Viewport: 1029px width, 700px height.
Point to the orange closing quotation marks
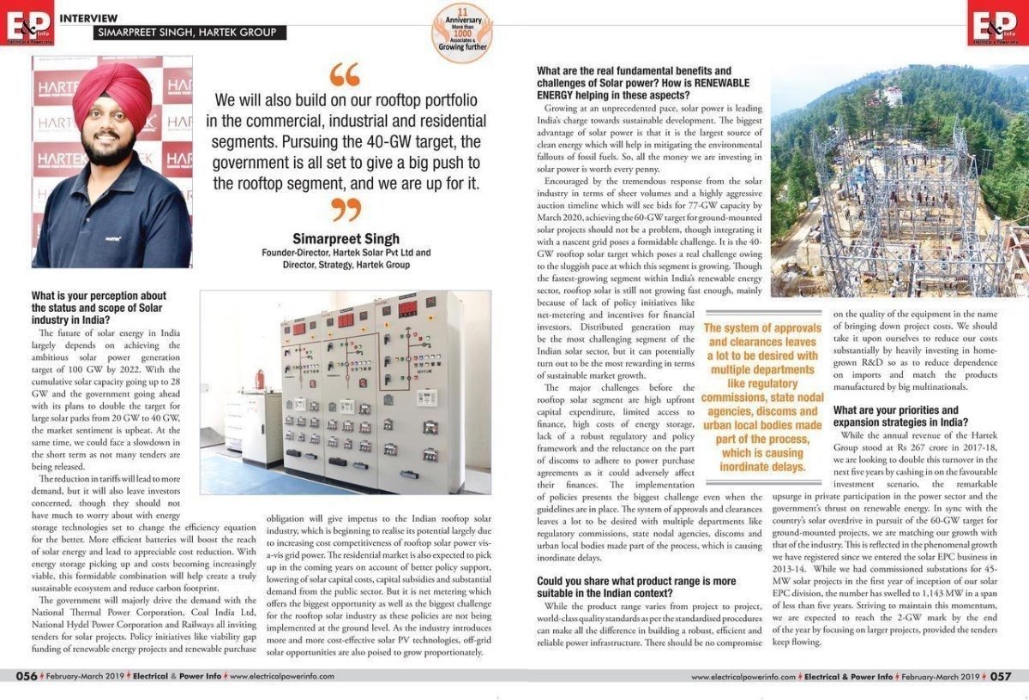(346, 208)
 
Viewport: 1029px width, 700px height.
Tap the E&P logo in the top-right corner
(997, 23)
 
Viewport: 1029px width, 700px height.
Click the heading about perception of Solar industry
(96, 308)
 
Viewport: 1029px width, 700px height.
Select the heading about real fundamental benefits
(643, 82)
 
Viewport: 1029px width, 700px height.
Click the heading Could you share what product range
(636, 587)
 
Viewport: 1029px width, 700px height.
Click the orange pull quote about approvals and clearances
(761, 397)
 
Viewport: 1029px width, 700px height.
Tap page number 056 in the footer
(27, 676)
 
